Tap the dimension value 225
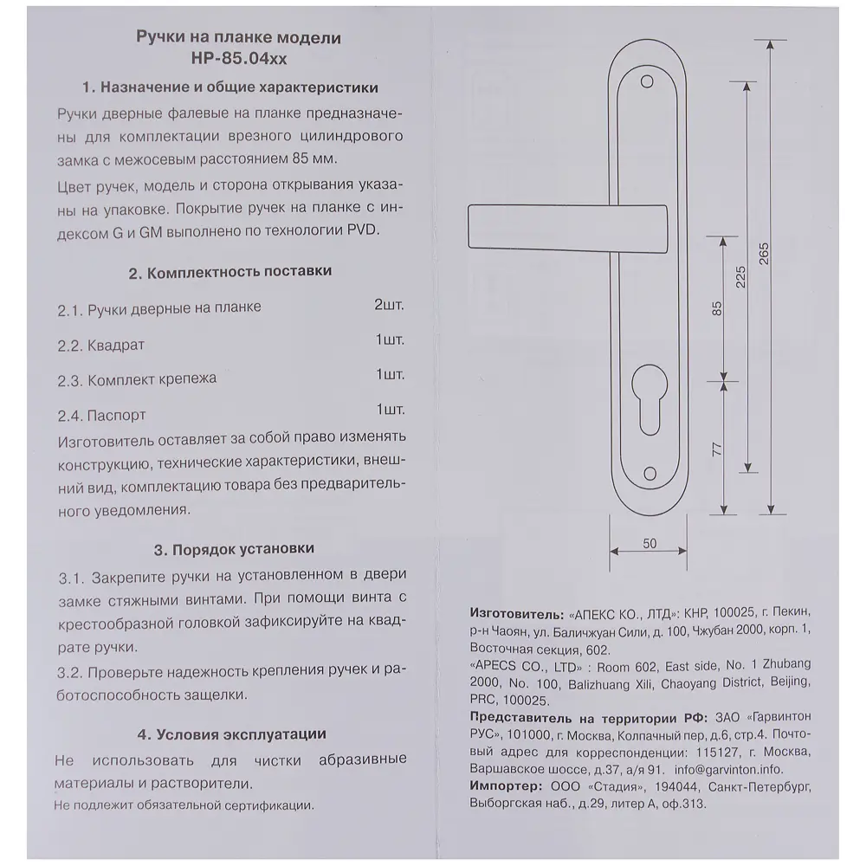(x=740, y=275)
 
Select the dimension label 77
(x=716, y=448)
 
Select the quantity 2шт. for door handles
(x=389, y=306)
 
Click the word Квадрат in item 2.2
(x=116, y=345)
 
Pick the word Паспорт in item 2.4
(x=117, y=415)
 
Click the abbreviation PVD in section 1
(x=363, y=231)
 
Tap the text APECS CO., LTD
(x=519, y=665)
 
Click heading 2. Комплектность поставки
(x=230, y=271)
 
